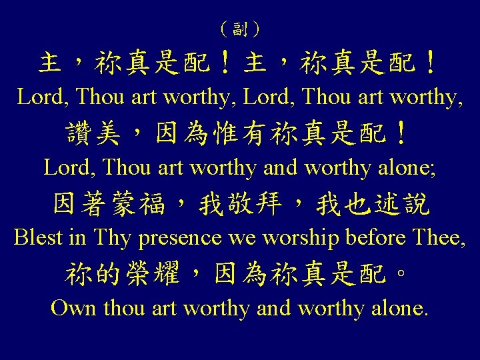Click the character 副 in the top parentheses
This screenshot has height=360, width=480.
(240, 29)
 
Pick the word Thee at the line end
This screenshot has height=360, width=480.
(441, 237)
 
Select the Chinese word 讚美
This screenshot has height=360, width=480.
(93, 135)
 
